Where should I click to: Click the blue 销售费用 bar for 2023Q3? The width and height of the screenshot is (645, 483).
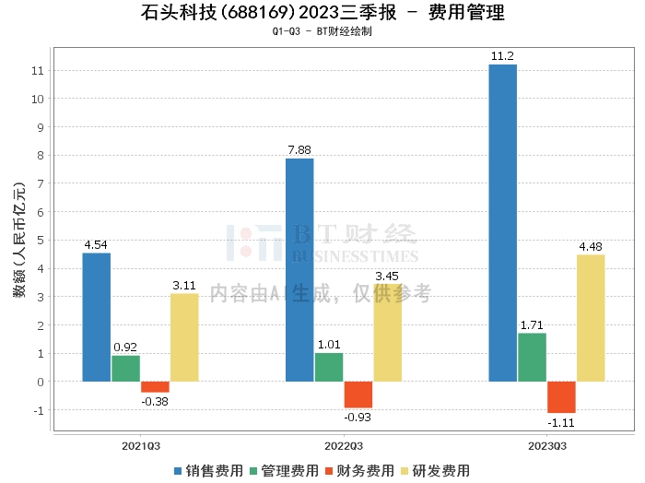[502, 222]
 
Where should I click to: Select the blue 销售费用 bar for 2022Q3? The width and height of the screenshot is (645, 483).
[299, 269]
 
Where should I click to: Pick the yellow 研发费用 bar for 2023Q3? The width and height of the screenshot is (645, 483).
[591, 317]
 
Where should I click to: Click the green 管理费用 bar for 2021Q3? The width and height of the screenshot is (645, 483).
[125, 368]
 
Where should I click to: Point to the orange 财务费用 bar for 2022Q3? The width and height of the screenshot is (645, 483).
[358, 395]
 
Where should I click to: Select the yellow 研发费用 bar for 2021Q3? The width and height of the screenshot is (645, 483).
[184, 336]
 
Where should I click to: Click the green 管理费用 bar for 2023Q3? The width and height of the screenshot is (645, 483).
[532, 357]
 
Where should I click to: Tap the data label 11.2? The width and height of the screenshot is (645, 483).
[502, 56]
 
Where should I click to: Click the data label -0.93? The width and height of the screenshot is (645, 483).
[358, 418]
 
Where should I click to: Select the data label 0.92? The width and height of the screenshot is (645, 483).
[125, 347]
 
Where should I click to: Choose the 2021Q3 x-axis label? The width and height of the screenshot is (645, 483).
[141, 445]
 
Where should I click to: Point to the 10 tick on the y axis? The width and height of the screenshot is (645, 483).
[38, 99]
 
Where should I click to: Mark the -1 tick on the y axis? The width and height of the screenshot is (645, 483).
[38, 410]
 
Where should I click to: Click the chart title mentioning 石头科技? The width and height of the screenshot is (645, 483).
[323, 14]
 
